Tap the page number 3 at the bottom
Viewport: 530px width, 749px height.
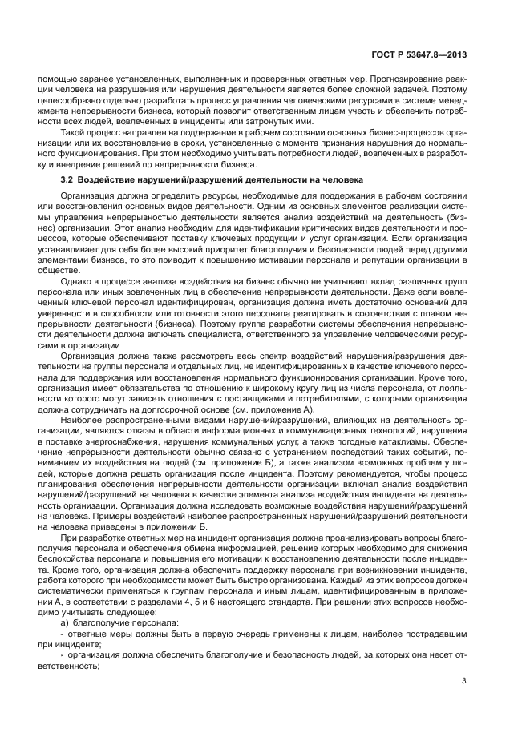coord(464,682)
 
